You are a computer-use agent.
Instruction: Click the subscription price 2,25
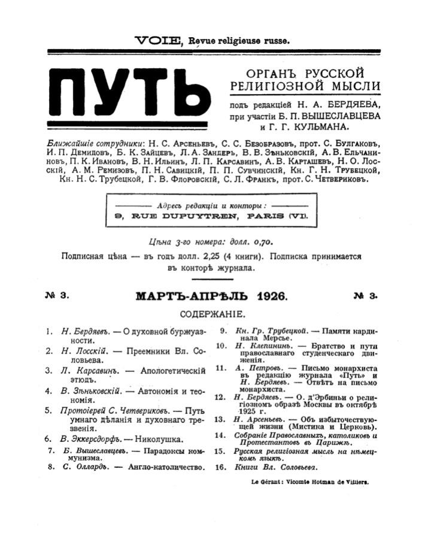click(190, 256)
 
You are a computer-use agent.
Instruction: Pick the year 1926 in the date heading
click(271, 296)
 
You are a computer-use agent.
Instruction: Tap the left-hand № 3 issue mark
click(57, 296)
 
